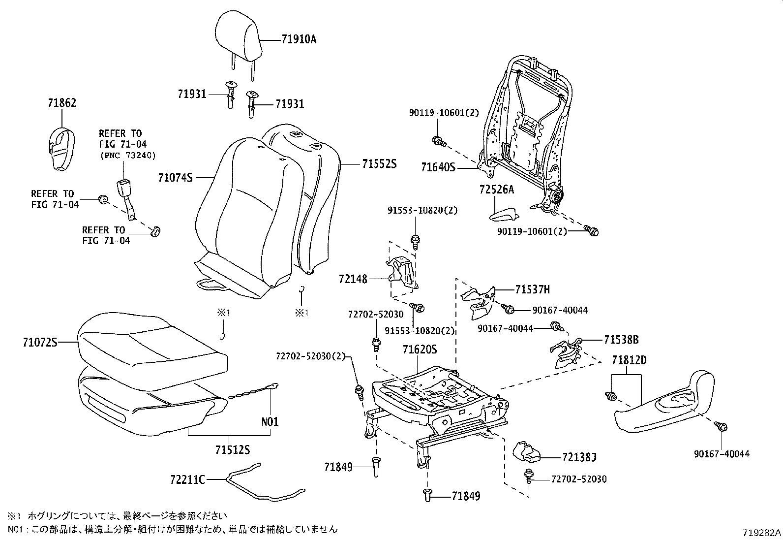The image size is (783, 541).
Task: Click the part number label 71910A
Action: click(x=299, y=39)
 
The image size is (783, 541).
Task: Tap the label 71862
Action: click(x=62, y=103)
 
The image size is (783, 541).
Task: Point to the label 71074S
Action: click(x=175, y=177)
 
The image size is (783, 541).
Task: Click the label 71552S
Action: click(x=379, y=164)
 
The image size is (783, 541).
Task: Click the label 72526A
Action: click(x=497, y=189)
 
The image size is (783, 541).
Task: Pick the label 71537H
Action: click(x=533, y=289)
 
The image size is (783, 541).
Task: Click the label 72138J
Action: click(x=579, y=458)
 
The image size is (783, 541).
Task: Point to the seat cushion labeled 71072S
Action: click(x=152, y=345)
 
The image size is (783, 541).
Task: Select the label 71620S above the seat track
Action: click(x=420, y=349)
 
